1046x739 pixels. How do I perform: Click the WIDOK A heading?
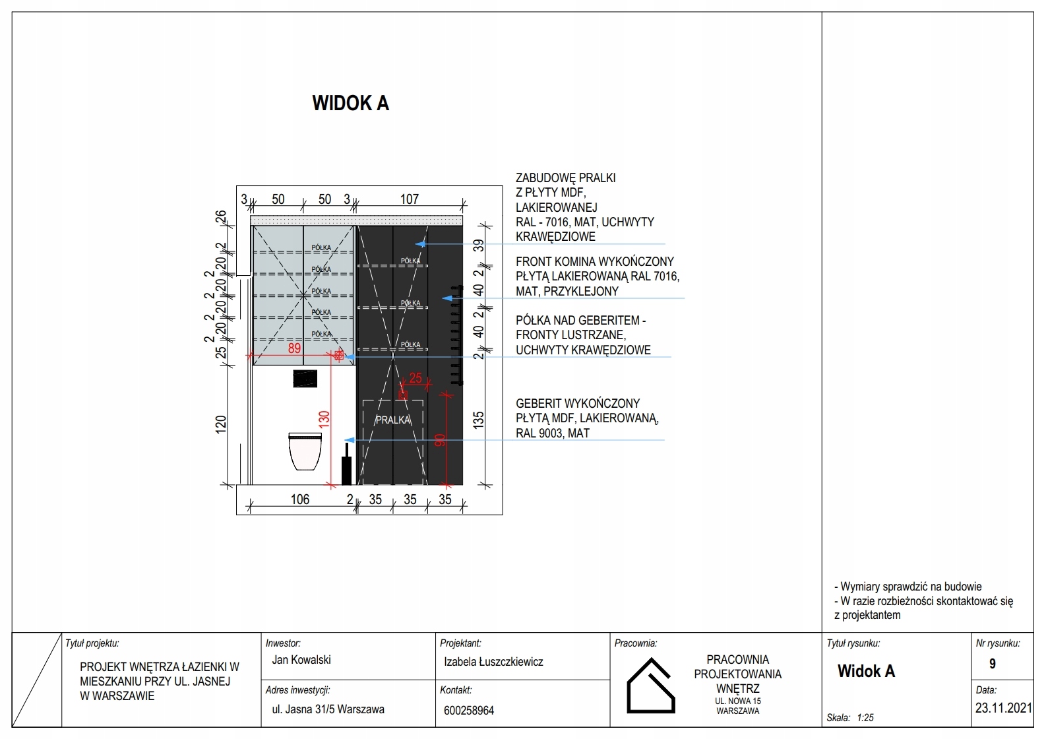(x=350, y=103)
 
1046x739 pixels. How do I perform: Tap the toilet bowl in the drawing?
(x=305, y=451)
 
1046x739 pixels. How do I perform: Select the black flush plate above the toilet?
(x=305, y=378)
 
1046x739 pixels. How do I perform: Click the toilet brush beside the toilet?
(x=346, y=464)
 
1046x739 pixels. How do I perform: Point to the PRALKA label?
(x=393, y=420)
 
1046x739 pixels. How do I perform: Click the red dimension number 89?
(x=294, y=348)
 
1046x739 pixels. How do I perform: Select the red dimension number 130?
(x=324, y=419)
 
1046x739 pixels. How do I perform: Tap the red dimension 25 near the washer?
(x=415, y=377)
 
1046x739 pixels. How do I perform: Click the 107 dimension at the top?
(x=409, y=199)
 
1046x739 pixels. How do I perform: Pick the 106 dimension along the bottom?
(x=300, y=499)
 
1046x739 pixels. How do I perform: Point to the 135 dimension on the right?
(x=479, y=420)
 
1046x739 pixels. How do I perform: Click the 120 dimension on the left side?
(x=221, y=424)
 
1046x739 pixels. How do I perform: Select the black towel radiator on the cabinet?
(x=456, y=335)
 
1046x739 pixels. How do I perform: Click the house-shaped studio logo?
(x=650, y=686)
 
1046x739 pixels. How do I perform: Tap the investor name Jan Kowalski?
(x=301, y=660)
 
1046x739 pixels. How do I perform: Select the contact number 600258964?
(x=469, y=711)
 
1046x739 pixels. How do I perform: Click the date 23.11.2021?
(x=1004, y=708)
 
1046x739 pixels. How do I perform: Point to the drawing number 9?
(x=993, y=664)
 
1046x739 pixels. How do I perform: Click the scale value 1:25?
(x=865, y=717)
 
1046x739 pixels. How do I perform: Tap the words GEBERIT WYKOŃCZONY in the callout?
(x=578, y=403)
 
